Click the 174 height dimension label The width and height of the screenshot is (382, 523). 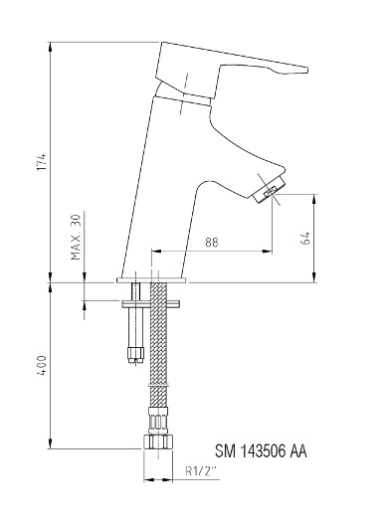(x=42, y=162)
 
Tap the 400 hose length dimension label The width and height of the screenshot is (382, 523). (x=42, y=366)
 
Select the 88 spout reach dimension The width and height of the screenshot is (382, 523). (x=212, y=243)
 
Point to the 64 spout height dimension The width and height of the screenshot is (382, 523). (x=306, y=238)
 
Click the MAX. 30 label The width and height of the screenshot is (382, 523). (x=76, y=238)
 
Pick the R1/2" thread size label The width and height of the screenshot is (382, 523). (x=201, y=471)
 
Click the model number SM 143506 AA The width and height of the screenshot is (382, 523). (x=261, y=451)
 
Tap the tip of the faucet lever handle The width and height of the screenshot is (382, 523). (x=306, y=70)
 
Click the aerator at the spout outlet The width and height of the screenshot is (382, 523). (x=270, y=190)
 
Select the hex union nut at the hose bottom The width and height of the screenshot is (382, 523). (x=158, y=441)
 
